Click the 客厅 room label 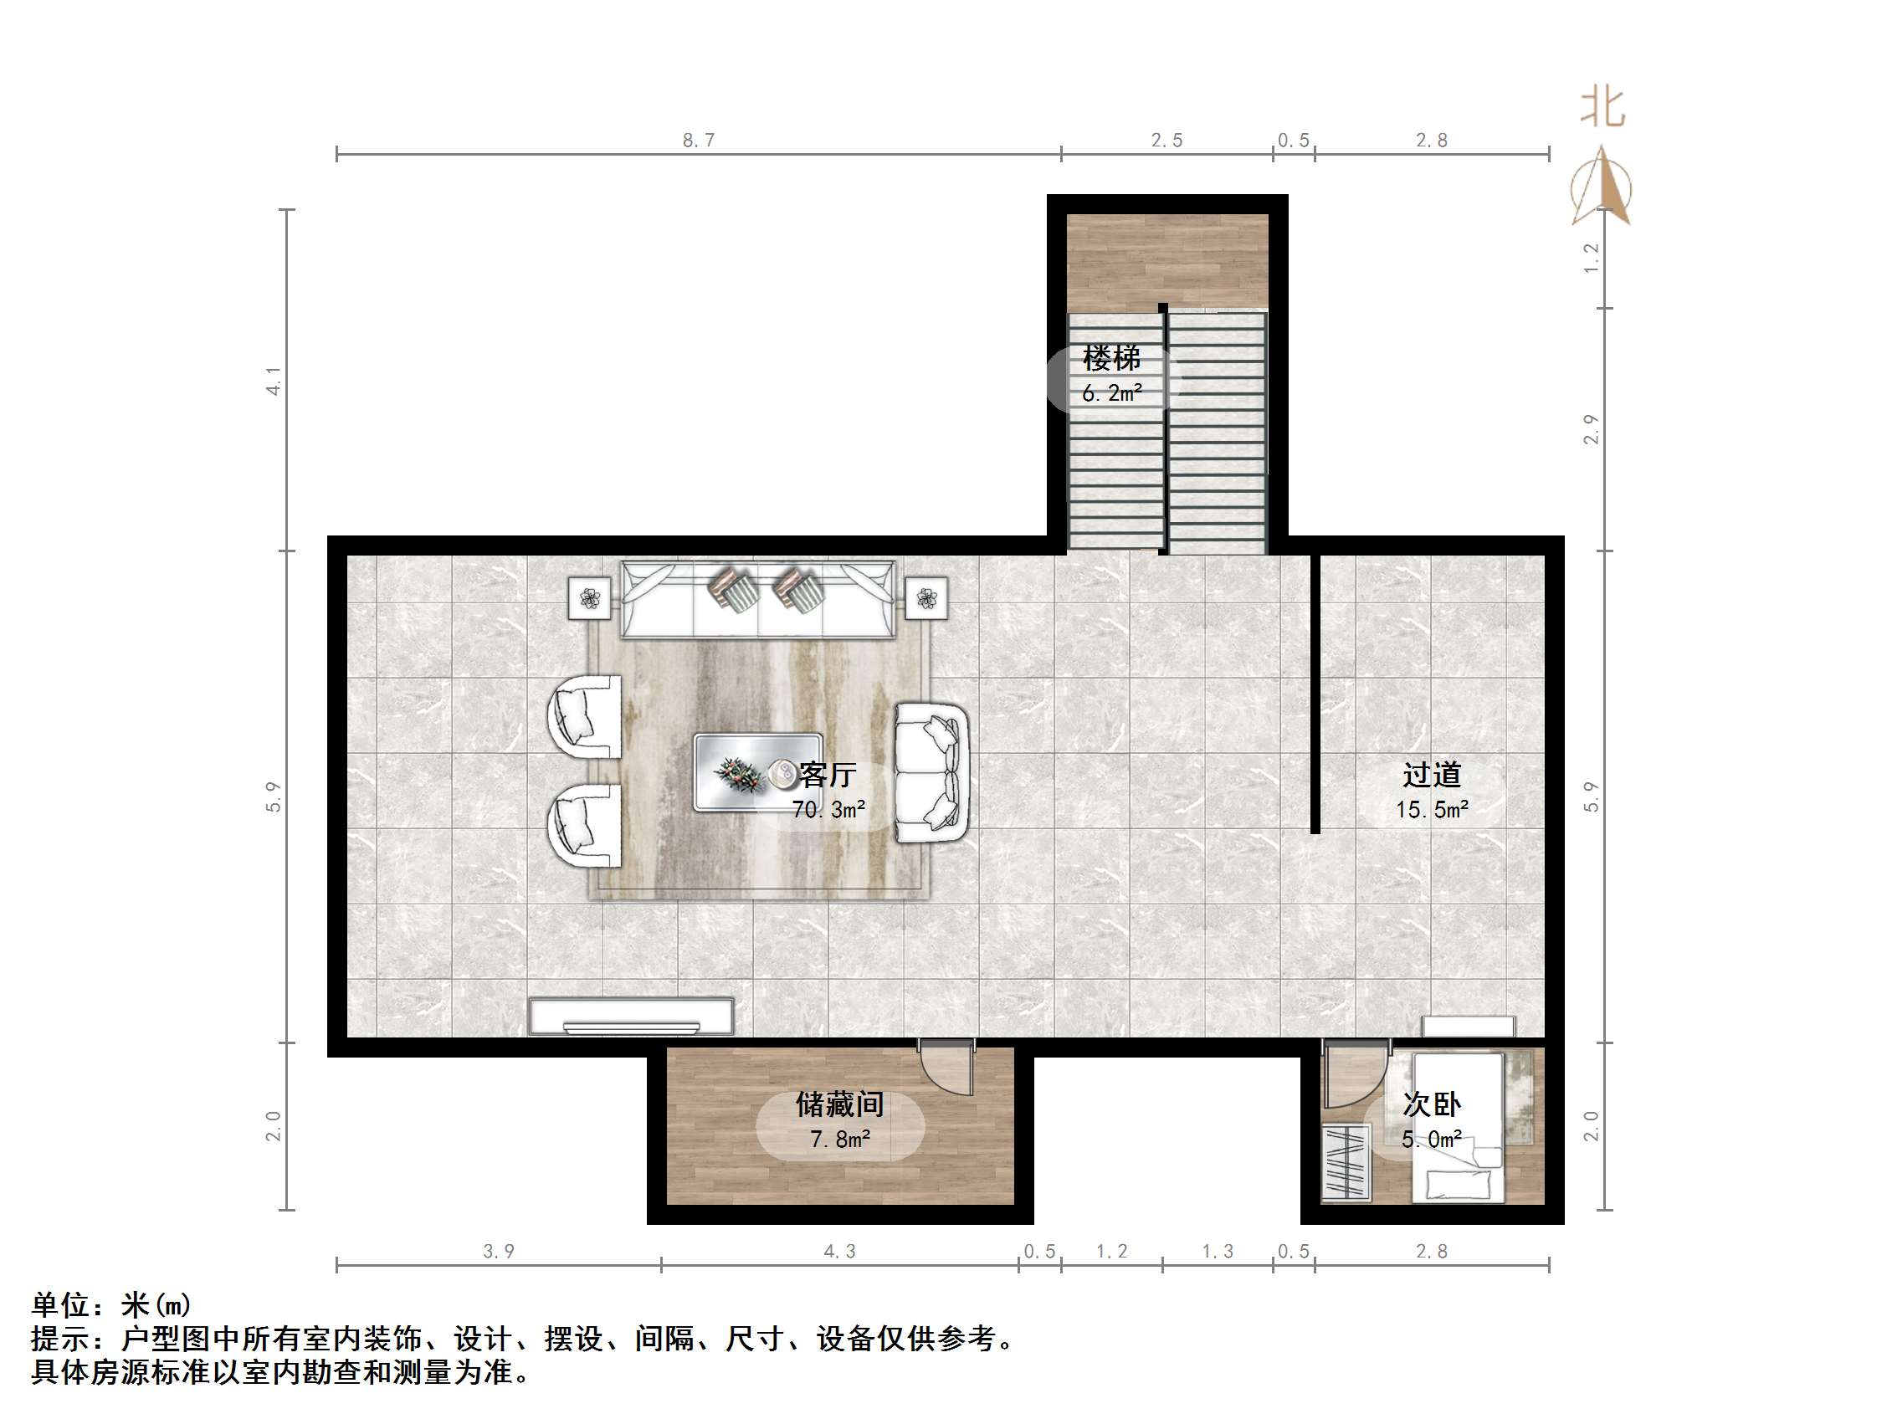click(x=827, y=775)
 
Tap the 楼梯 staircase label click(x=1111, y=358)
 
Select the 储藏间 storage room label click(x=839, y=1104)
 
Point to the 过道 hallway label click(x=1431, y=775)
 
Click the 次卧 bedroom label click(x=1431, y=1104)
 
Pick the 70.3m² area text click(x=828, y=809)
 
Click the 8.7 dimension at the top click(x=698, y=141)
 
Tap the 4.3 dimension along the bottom click(x=839, y=1252)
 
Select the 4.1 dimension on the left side click(x=274, y=381)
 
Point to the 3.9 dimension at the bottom click(x=499, y=1252)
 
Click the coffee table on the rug click(x=757, y=772)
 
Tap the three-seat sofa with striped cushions click(x=758, y=601)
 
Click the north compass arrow click(x=1602, y=188)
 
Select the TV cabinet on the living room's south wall click(x=631, y=1016)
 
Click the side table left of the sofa click(x=590, y=598)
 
